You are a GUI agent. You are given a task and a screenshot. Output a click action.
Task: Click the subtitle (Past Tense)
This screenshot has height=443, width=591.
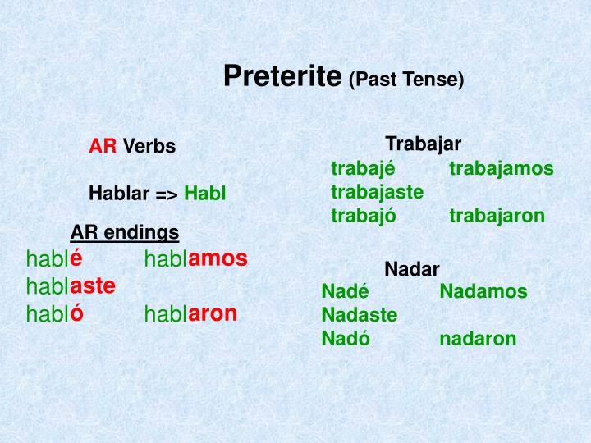tap(406, 80)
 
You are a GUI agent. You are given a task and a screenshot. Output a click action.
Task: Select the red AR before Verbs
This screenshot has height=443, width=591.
tap(103, 147)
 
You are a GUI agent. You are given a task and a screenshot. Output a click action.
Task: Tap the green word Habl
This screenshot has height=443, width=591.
tap(204, 194)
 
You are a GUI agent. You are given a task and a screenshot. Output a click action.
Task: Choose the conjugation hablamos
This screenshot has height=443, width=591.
tap(195, 259)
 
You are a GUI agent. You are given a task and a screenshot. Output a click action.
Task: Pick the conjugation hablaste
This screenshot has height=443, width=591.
tap(71, 286)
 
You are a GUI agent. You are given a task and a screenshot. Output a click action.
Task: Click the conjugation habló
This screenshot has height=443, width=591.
tap(55, 313)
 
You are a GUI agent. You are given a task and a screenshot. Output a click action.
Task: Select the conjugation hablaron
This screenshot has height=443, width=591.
tap(190, 313)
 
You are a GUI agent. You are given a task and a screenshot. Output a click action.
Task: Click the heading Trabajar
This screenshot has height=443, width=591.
tap(423, 144)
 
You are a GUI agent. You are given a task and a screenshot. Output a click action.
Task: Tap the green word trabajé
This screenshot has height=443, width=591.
tap(363, 169)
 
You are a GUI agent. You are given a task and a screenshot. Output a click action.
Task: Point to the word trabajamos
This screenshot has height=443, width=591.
tap(502, 169)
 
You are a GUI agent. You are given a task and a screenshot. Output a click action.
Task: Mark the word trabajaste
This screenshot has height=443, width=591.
tap(378, 192)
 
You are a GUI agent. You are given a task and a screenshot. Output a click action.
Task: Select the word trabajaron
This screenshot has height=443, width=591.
tap(497, 216)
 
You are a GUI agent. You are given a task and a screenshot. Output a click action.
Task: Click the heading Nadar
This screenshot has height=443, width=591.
tap(412, 269)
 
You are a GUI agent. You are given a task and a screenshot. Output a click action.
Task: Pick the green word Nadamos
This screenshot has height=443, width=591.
tap(483, 291)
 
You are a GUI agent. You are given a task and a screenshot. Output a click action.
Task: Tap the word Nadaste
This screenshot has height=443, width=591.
tap(360, 315)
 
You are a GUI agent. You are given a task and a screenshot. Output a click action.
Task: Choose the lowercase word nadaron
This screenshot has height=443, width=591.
tap(478, 339)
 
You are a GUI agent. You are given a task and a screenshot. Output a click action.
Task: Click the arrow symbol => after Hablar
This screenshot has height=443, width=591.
tap(167, 194)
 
